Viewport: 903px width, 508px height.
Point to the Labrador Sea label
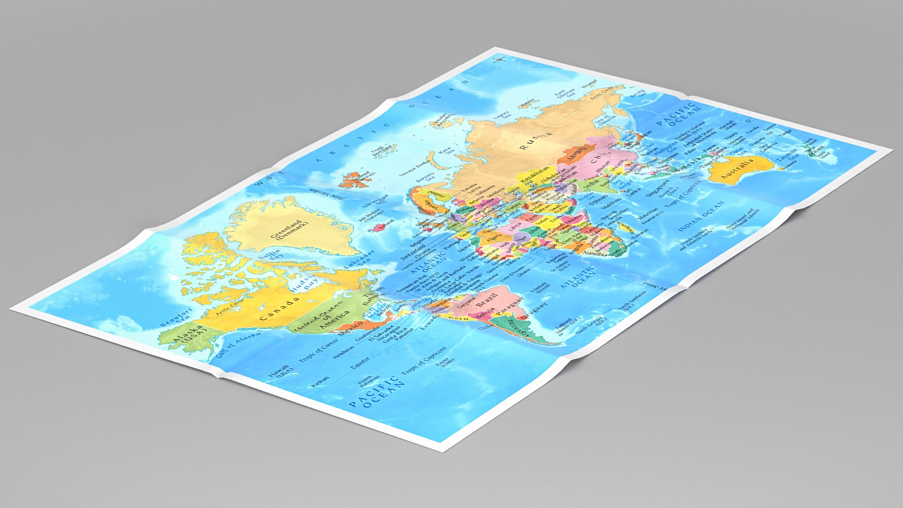pyautogui.click(x=360, y=260)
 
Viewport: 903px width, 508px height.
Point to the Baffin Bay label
pyautogui.click(x=271, y=255)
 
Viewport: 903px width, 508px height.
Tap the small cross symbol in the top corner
pyautogui.click(x=499, y=59)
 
